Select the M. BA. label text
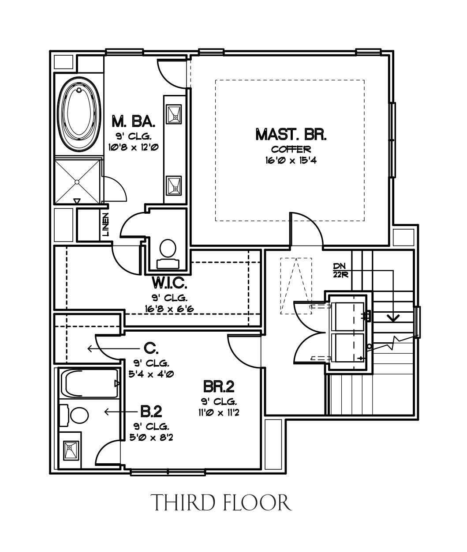[x=133, y=121]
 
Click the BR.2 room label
[x=219, y=386]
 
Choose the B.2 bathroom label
[x=151, y=412]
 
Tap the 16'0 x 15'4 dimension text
[x=291, y=160]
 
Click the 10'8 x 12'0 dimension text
[x=134, y=147]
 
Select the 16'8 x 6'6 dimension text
[x=169, y=309]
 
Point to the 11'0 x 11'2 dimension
[x=219, y=412]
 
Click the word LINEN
[x=106, y=225]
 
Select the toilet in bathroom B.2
[x=74, y=415]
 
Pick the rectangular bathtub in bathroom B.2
[x=90, y=383]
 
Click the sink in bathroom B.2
[x=71, y=450]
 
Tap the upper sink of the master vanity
[x=174, y=114]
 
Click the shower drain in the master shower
[x=77, y=182]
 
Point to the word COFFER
[x=291, y=149]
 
